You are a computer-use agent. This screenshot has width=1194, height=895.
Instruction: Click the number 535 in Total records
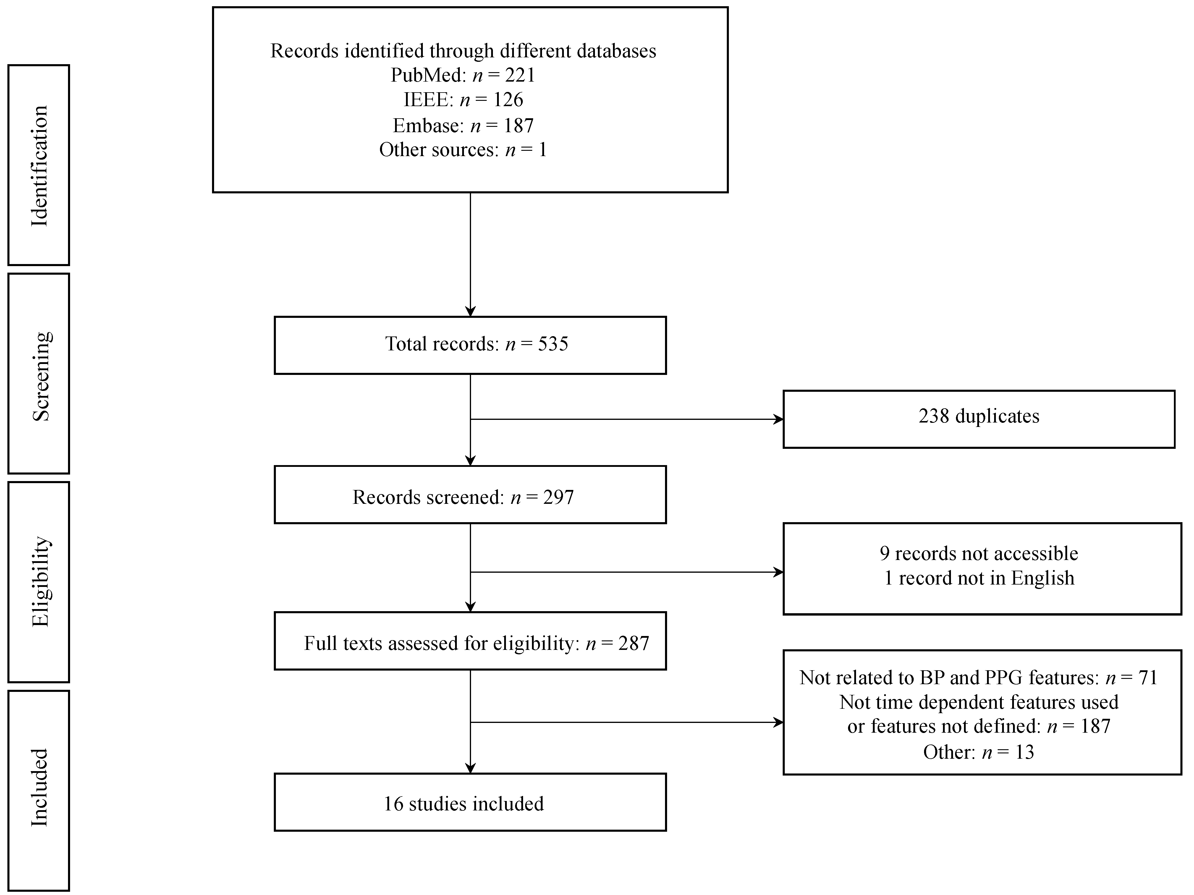coord(553,344)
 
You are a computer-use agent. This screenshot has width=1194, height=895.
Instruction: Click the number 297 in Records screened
coord(558,497)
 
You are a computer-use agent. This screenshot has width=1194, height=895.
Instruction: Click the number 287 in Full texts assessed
coord(633,643)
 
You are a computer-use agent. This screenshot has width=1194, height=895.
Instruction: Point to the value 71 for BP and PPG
coord(1147,678)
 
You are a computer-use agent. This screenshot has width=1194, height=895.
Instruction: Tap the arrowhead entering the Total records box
coord(470,312)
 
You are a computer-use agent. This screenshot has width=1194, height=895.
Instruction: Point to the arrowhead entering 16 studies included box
coord(470,769)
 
